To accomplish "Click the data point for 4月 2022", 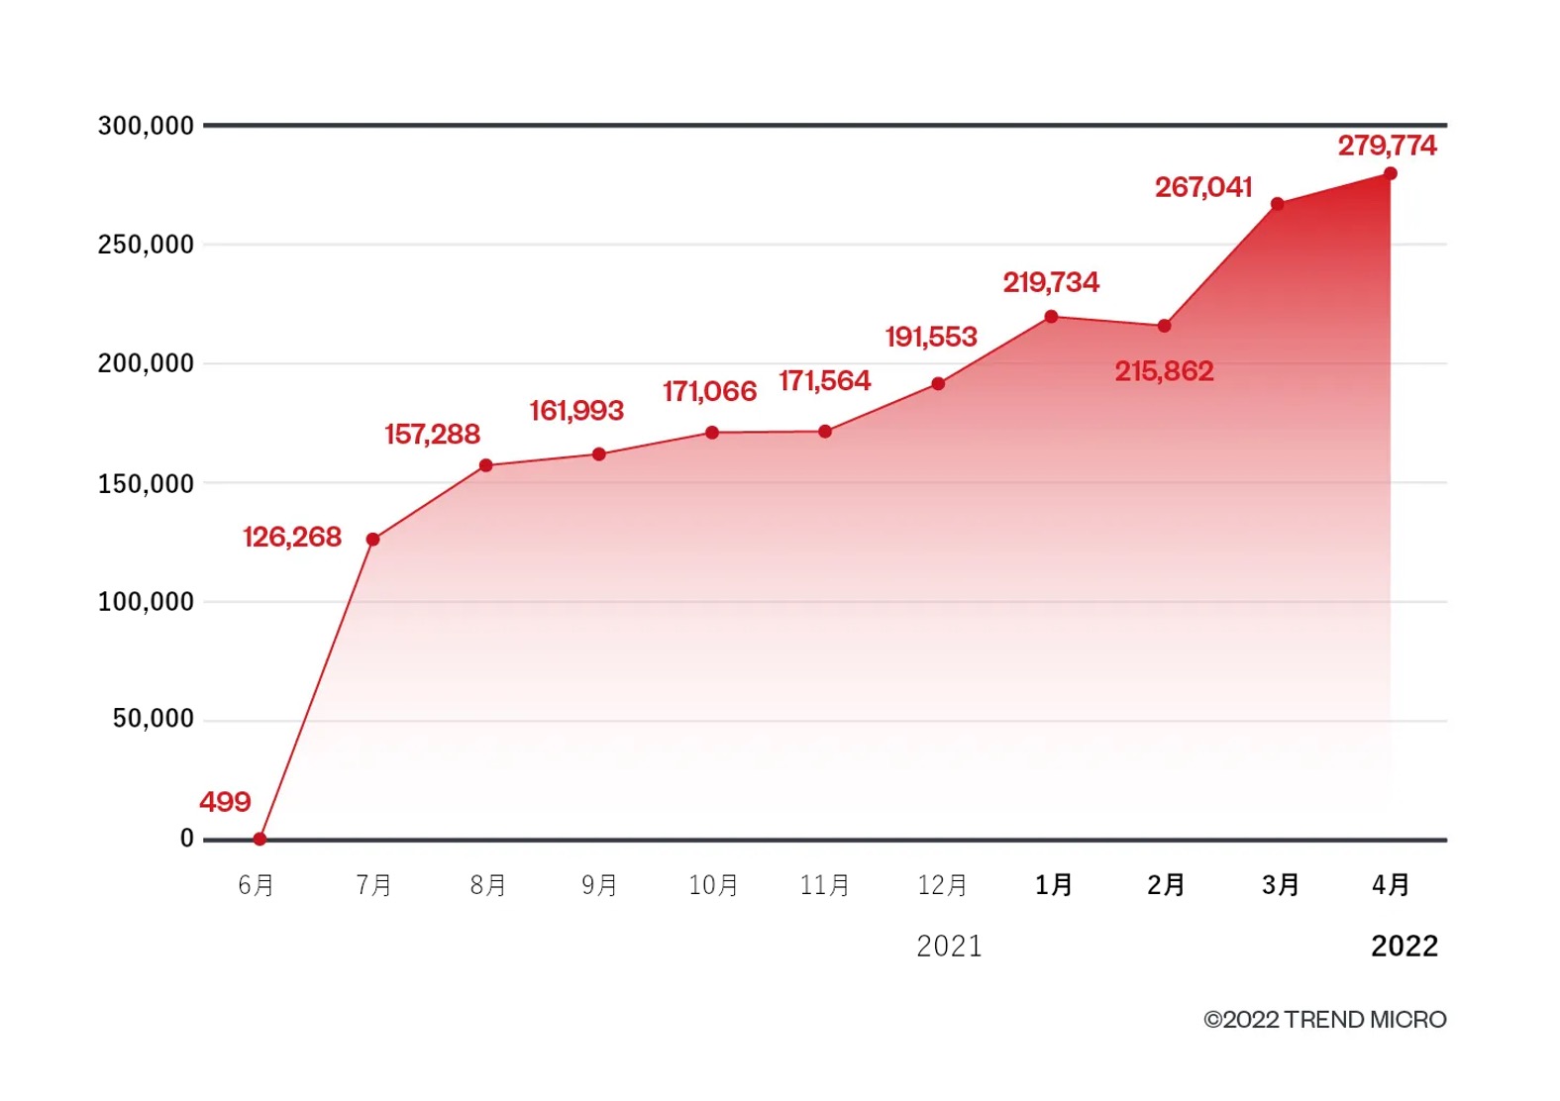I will [x=1390, y=174].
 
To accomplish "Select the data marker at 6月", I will [x=260, y=839].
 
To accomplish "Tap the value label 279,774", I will [x=1387, y=146].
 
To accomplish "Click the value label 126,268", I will [x=292, y=537].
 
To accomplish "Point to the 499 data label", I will [x=225, y=801].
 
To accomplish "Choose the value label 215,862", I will [x=1164, y=371].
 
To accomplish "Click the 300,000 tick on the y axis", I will [x=146, y=126].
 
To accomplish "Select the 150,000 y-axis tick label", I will [x=146, y=484].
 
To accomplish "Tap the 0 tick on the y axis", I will [x=186, y=839].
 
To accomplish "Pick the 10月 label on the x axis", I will [x=713, y=885].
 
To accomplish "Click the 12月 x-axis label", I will [x=942, y=885].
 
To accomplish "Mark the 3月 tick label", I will [x=1280, y=885].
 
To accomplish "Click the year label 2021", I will [x=949, y=947].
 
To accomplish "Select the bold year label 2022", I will [x=1404, y=947].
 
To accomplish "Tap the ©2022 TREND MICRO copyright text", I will [x=1324, y=1020].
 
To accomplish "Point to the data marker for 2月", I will [x=1164, y=326].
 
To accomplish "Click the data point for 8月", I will [x=485, y=465].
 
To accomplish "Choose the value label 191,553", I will [x=931, y=338].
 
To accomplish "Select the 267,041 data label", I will [x=1203, y=187].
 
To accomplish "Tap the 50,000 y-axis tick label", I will [x=154, y=719].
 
